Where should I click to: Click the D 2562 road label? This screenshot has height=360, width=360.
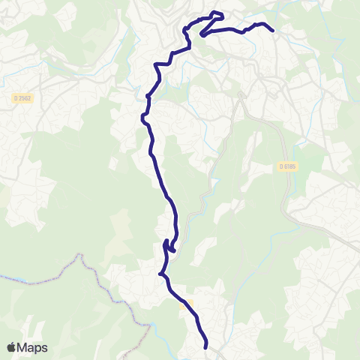coord(24,98)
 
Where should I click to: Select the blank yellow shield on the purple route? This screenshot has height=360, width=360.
coord(187,303)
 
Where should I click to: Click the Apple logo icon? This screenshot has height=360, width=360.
coord(12,347)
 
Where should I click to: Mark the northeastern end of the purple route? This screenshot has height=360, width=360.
coord(271,31)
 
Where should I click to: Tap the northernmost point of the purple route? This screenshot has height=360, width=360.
coord(217,13)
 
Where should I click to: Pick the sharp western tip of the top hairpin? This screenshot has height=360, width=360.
coord(201,34)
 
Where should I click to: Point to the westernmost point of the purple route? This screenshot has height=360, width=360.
coord(142,116)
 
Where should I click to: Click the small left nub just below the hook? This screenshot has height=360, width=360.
coord(160,274)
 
